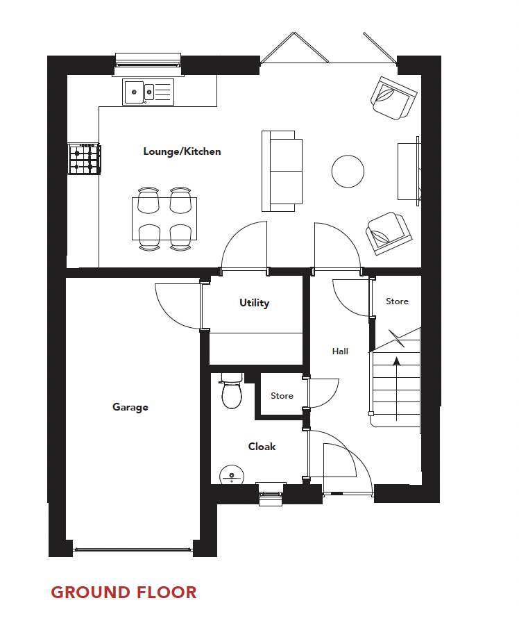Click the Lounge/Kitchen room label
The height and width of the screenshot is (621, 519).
(x=182, y=151)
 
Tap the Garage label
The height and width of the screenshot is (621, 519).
(x=130, y=407)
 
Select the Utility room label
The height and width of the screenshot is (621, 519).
(x=254, y=303)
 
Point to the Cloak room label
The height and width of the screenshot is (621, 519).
(x=262, y=447)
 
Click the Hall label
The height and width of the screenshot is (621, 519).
(x=340, y=351)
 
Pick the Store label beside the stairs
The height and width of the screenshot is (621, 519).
(x=397, y=301)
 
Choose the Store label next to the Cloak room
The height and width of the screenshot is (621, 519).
(x=282, y=396)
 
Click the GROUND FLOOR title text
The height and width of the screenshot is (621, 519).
(x=124, y=593)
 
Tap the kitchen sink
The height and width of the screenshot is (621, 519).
(x=148, y=92)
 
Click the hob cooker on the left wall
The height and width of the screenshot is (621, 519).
(x=84, y=159)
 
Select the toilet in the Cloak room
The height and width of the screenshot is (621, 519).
(x=231, y=392)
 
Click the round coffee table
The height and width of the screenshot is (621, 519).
(x=348, y=171)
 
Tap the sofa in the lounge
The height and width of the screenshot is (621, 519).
(x=282, y=171)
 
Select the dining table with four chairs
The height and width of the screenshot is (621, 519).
(x=164, y=219)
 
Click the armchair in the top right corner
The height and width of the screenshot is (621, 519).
(x=393, y=97)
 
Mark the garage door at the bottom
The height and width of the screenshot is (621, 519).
(x=133, y=549)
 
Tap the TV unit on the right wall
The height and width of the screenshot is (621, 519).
(x=408, y=171)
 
